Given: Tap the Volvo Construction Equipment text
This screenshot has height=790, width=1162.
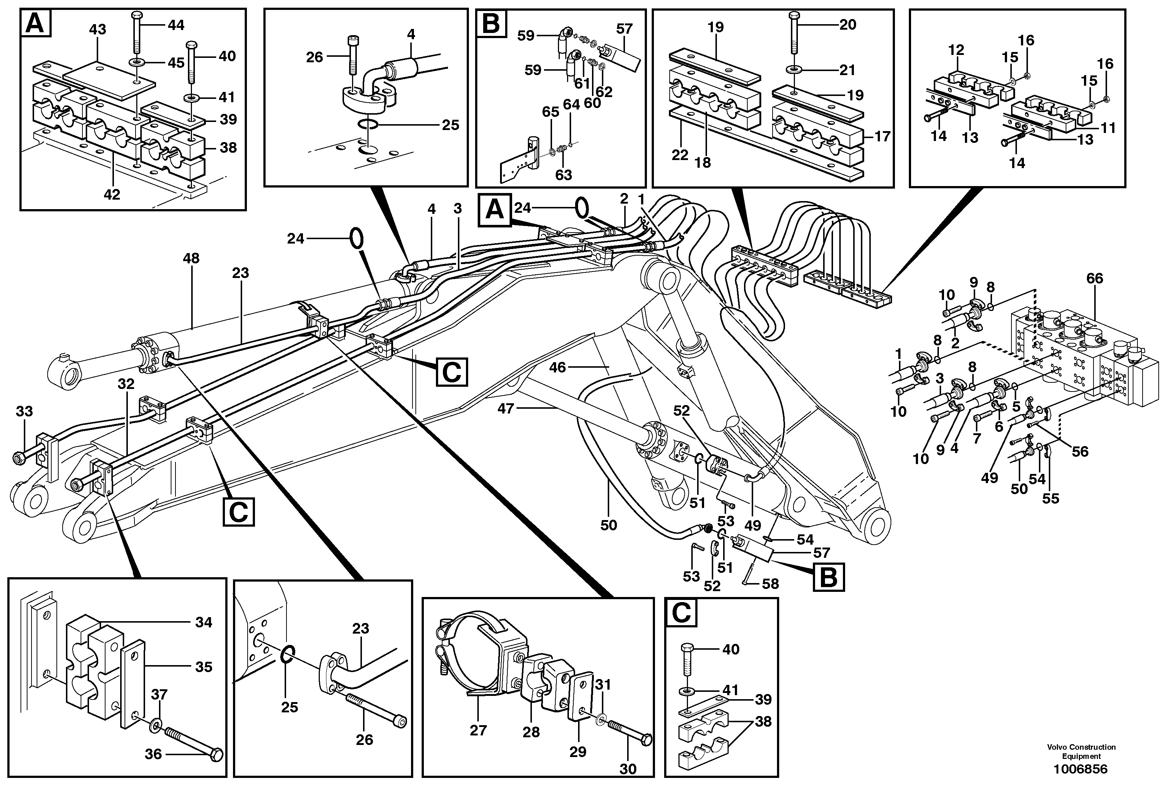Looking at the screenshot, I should click(x=1081, y=751).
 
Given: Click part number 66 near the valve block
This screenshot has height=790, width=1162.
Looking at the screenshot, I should click(x=1095, y=278).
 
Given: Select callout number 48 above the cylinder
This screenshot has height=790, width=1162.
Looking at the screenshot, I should click(x=191, y=259).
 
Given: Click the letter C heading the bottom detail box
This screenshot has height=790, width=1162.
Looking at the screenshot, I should click(x=681, y=613).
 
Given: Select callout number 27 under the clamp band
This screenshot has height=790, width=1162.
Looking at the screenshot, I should click(x=478, y=731).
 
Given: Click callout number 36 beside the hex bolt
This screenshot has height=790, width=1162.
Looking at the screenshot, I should click(x=153, y=754).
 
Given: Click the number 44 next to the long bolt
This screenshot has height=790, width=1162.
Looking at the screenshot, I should click(x=175, y=25).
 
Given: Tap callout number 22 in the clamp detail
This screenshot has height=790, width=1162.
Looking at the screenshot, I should click(x=680, y=156).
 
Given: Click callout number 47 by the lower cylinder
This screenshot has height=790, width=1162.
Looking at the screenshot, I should click(x=506, y=408).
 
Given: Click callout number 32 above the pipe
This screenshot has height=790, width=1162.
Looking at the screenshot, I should click(x=126, y=383).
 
